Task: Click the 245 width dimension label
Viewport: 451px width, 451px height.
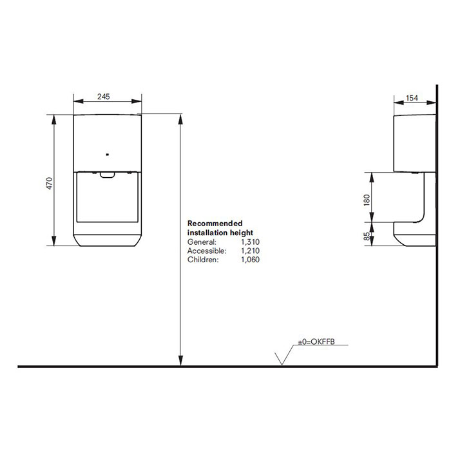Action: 103,97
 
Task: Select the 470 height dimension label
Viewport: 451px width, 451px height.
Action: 50,184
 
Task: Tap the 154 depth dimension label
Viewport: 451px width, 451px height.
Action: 412,98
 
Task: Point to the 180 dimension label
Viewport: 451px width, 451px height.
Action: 367,200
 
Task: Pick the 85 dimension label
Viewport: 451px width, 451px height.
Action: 367,236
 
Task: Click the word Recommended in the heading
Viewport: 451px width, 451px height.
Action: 215,223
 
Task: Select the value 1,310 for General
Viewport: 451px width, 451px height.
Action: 250,242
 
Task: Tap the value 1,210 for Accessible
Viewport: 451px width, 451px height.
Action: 250,251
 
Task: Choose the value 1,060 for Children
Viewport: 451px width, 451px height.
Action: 250,260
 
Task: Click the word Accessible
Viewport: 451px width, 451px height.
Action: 207,251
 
